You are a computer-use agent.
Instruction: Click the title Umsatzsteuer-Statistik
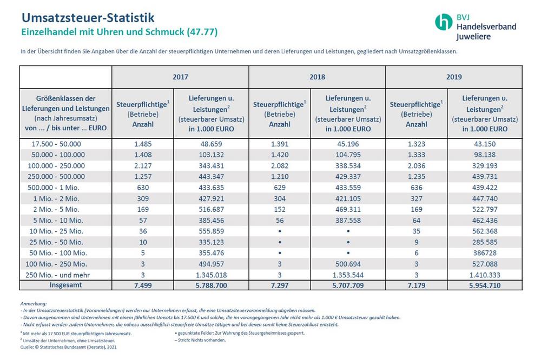pyautogui.click(x=88, y=18)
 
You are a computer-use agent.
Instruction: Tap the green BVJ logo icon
pyautogui.click(x=444, y=22)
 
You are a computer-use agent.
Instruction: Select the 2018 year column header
pyautogui.click(x=317, y=77)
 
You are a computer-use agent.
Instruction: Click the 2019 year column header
pyautogui.click(x=454, y=77)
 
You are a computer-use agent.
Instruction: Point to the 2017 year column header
pyautogui.click(x=181, y=77)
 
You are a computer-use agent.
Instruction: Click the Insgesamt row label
pyautogui.click(x=65, y=285)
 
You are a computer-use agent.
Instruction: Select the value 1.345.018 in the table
pyautogui.click(x=211, y=275)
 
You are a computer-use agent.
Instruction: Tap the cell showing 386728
pyautogui.click(x=485, y=253)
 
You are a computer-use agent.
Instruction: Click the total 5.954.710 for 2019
pyautogui.click(x=485, y=285)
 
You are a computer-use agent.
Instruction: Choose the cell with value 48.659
pyautogui.click(x=211, y=144)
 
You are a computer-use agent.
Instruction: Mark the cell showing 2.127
pyautogui.click(x=143, y=166)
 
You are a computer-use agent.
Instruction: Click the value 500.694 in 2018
pyautogui.click(x=348, y=264)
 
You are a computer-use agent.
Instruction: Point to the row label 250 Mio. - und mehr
pyautogui.click(x=58, y=275)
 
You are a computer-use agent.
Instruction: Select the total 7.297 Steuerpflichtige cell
pyautogui.click(x=280, y=285)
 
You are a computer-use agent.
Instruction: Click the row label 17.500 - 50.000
pyautogui.click(x=56, y=144)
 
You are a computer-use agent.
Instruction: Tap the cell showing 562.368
pyautogui.click(x=485, y=231)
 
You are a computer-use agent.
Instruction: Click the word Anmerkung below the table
pyautogui.click(x=33, y=304)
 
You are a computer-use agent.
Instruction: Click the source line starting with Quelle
pyautogui.click(x=68, y=347)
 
